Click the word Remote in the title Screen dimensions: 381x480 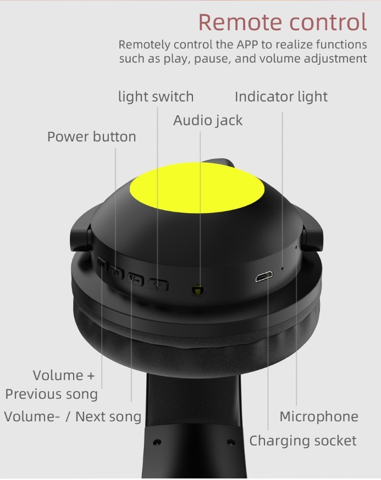click(240, 22)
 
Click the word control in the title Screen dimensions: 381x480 click(328, 22)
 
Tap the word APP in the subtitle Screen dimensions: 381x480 click(247, 44)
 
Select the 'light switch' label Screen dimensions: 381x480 click(156, 97)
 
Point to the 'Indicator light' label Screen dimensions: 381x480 click(281, 97)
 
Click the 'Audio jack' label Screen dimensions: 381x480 click(208, 120)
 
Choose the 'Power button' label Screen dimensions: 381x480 click(91, 137)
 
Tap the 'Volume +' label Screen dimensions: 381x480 click(64, 375)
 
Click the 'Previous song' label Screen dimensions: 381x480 click(52, 394)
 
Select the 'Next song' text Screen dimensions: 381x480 click(108, 417)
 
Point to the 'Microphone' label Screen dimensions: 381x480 click(319, 417)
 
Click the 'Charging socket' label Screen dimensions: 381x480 click(303, 441)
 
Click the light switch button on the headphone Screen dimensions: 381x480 click(158, 284)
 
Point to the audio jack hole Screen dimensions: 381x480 click(198, 289)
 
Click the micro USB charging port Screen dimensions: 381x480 click(264, 277)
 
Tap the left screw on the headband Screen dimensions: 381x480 click(157, 442)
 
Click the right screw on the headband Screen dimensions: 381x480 click(231, 442)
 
